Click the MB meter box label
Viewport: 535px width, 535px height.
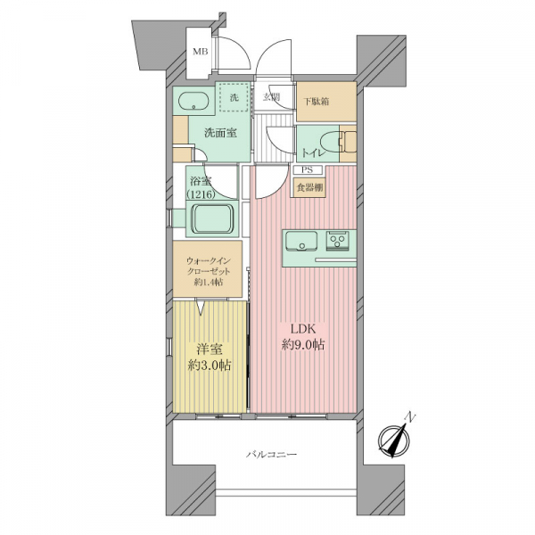[x=201, y=52]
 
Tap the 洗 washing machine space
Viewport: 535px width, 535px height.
[x=234, y=97]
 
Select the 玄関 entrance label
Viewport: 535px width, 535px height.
[x=271, y=97]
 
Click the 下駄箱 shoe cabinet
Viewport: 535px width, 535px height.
[x=326, y=102]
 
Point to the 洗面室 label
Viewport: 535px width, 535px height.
[x=220, y=133]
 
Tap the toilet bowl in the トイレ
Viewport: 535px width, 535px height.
[x=331, y=144]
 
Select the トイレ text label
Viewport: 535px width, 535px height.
[x=313, y=152]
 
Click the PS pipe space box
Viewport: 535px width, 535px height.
[x=308, y=170]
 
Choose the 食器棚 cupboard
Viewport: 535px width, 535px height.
[x=309, y=187]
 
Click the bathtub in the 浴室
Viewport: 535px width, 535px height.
[x=212, y=218]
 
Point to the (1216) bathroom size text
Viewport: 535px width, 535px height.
[x=201, y=194]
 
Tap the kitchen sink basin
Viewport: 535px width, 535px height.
[x=301, y=241]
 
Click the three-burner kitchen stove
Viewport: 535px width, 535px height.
[x=337, y=241]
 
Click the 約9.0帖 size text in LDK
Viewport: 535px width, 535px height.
[x=303, y=345]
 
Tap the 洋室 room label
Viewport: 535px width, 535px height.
[x=210, y=350]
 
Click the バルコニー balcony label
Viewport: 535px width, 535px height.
[x=272, y=455]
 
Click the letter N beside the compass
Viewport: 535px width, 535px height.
[x=411, y=417]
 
